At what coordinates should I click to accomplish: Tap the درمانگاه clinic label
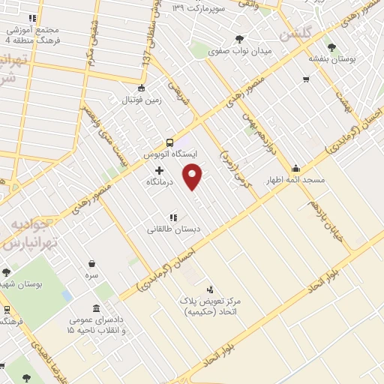pyautogui.click(x=159, y=182)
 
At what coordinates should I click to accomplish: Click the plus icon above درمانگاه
pyautogui.click(x=159, y=171)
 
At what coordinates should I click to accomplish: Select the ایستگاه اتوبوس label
pyautogui.click(x=169, y=154)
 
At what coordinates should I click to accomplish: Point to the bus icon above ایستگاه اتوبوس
pyautogui.click(x=169, y=142)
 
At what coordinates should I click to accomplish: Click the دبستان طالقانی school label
pyautogui.click(x=172, y=229)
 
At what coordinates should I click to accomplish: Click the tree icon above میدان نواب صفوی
pyautogui.click(x=239, y=39)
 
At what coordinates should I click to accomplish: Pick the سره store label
pyautogui.click(x=91, y=275)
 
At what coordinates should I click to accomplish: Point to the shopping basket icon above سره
pyautogui.click(x=91, y=263)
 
